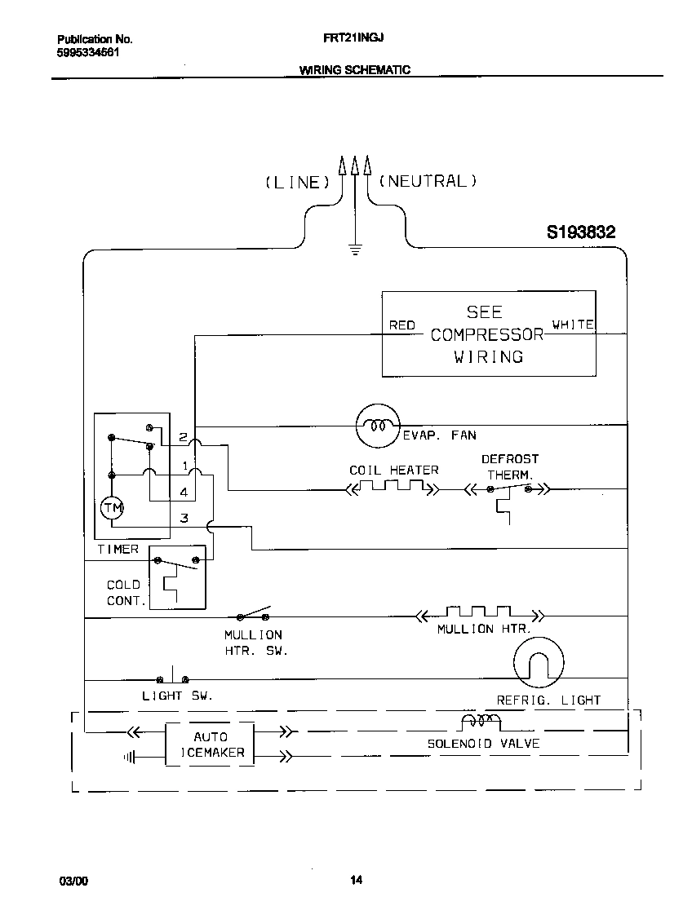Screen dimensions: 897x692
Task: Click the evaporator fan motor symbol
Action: tap(377, 426)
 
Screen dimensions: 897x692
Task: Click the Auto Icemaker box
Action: tap(211, 745)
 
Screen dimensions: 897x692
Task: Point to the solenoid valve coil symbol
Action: tap(481, 722)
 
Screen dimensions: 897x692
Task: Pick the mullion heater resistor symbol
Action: tap(480, 613)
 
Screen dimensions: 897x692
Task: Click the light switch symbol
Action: tap(172, 677)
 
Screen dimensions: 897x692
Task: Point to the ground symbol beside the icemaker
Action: tap(129, 758)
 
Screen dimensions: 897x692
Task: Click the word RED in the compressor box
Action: tap(401, 325)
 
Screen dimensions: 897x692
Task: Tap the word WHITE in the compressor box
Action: tap(573, 325)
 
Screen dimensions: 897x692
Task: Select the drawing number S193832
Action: tap(580, 232)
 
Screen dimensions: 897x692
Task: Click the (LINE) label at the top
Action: tap(296, 183)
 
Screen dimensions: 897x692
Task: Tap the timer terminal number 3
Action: tap(184, 518)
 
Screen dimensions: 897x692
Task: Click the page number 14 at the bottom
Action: tap(356, 879)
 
